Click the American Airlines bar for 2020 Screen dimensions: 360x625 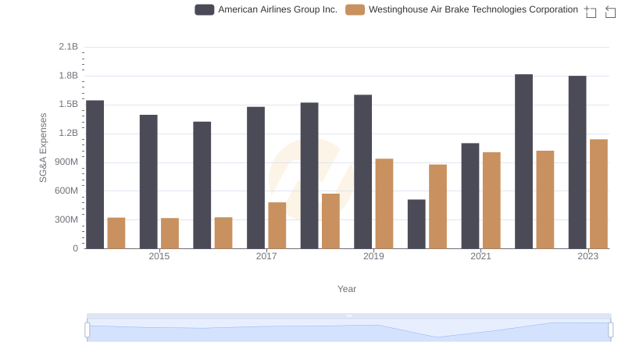pos(416,224)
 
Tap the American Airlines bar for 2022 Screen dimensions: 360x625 pos(523,162)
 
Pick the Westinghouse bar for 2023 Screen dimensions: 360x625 pos(598,194)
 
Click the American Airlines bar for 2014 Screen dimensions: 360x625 pos(95,174)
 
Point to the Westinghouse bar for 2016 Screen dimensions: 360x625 pos(223,233)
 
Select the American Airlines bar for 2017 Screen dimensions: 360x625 pos(255,177)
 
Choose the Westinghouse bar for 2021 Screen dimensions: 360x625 pos(491,200)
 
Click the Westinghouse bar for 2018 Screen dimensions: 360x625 pos(330,221)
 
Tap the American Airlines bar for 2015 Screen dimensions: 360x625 pos(148,181)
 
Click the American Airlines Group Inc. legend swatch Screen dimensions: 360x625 pos(205,10)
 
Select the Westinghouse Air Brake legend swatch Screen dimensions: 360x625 pos(355,10)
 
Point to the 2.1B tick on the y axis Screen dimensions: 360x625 pos(69,47)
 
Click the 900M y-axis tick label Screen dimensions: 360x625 pos(66,162)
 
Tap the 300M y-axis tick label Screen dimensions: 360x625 pos(66,220)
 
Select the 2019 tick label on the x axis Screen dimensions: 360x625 pos(373,256)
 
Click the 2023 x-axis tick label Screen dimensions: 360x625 pos(587,256)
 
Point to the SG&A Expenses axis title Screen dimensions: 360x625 pos(44,148)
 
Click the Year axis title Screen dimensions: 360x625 pos(347,289)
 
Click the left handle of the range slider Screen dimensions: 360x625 pos(87,331)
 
